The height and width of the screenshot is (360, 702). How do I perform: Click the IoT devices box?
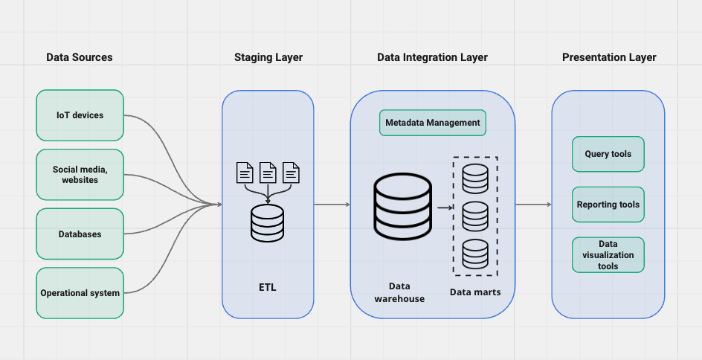(x=80, y=115)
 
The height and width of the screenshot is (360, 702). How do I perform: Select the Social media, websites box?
(x=80, y=175)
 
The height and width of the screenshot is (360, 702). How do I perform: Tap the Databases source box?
(x=80, y=234)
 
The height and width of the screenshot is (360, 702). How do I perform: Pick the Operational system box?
(x=80, y=293)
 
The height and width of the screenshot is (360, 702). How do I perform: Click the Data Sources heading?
(x=80, y=57)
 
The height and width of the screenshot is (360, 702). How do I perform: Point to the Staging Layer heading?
(x=268, y=57)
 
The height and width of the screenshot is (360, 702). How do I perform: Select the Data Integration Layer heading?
(x=432, y=57)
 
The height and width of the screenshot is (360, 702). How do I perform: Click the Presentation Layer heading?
(x=609, y=57)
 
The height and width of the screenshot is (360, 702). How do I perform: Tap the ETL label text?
(x=268, y=287)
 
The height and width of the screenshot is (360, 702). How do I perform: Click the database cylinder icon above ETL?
(x=268, y=222)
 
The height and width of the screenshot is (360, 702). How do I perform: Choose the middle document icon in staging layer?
(x=268, y=173)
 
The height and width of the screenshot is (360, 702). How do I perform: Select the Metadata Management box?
(x=433, y=122)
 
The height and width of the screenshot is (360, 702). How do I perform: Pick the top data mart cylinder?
(x=475, y=177)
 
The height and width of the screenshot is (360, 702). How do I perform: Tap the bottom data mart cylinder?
(x=475, y=254)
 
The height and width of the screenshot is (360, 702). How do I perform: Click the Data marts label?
(x=475, y=292)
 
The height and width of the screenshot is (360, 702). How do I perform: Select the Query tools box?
(x=608, y=155)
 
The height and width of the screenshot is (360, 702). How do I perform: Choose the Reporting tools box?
(x=608, y=205)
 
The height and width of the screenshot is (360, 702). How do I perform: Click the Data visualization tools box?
(x=608, y=255)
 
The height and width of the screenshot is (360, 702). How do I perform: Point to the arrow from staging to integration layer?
(x=332, y=205)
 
